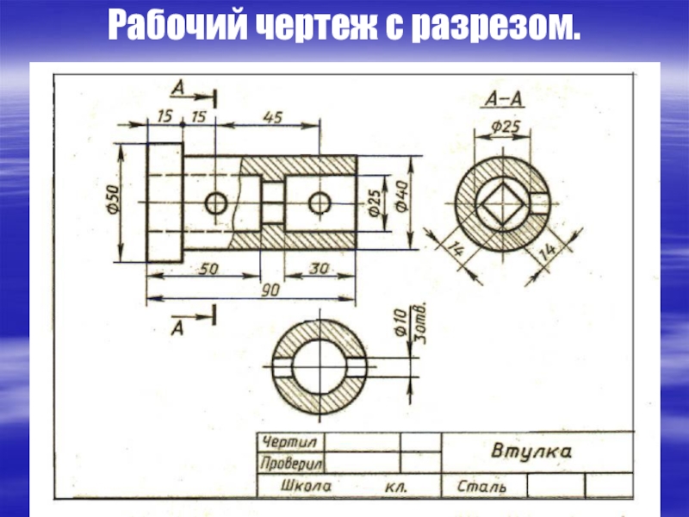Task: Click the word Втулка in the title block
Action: pos(531,451)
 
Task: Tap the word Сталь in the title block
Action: pos(481,486)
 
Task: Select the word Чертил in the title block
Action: pos(289,442)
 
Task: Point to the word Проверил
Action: pos(291,463)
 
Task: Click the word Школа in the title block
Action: pos(307,486)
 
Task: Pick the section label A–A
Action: pos(504,100)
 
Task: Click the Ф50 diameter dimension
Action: pos(114,200)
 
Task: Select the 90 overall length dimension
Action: pos(270,290)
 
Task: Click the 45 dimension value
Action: pos(273,117)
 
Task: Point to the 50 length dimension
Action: pos(208,269)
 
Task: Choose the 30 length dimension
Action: pos(319,268)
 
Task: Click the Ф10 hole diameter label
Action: pos(400,322)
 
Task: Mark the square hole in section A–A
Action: pos(504,203)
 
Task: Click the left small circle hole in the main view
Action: pos(216,203)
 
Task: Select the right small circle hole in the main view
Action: pos(320,203)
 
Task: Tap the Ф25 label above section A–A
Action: pos(506,127)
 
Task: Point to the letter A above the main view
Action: pos(178,89)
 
